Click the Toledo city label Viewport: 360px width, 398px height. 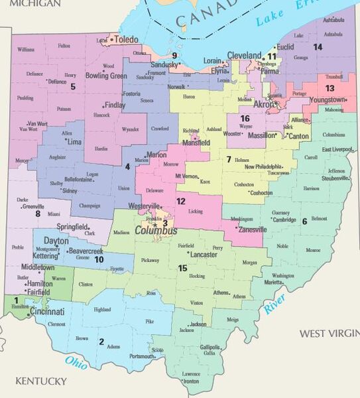pos(127,40)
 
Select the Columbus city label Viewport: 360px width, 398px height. pos(156,231)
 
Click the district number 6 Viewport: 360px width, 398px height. pos(304,221)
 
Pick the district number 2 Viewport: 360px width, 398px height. pos(101,342)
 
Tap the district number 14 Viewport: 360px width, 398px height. pos(318,46)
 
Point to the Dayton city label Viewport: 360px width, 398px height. pos(56,240)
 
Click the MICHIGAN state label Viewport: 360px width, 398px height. pos(30,4)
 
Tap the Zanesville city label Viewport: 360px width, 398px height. pos(249,230)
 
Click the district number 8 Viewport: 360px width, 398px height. pos(38,213)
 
